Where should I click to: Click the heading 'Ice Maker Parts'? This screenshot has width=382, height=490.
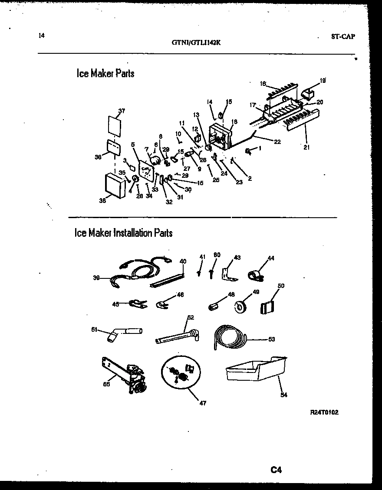coord(105,73)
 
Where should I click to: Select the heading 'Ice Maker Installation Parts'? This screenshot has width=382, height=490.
coord(124,233)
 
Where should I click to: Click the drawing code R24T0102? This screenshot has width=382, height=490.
coord(324,412)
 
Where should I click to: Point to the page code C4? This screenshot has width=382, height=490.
coord(277,470)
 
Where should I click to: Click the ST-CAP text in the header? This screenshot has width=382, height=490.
coord(342,37)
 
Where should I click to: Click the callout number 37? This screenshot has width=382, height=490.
coord(122,111)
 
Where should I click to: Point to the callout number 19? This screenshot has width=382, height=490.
coord(323,80)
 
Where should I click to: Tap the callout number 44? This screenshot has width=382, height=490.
coord(271,258)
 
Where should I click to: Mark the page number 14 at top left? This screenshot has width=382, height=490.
coord(41,36)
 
